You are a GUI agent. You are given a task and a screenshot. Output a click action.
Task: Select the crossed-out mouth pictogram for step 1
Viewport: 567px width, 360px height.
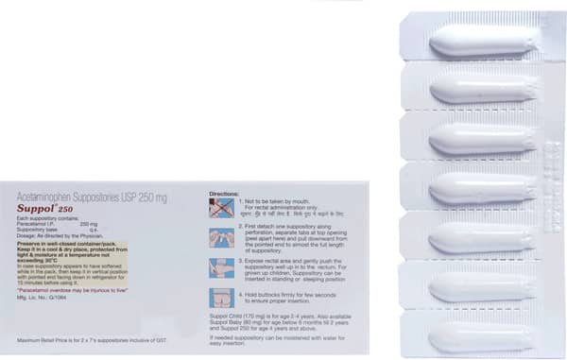(x=221, y=207)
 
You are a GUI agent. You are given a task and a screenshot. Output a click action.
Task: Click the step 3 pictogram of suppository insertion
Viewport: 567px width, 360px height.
(x=221, y=267)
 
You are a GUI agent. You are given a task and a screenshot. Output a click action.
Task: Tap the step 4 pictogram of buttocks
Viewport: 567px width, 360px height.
(x=221, y=297)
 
